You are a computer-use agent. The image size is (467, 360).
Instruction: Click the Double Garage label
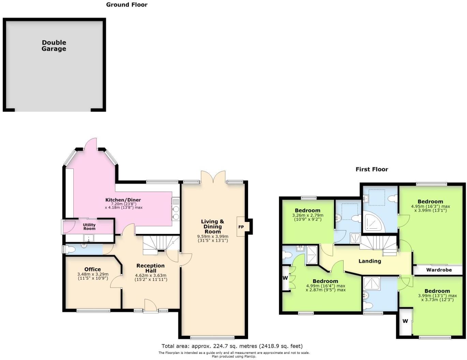point(54,46)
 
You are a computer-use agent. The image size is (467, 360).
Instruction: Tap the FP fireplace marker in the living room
point(241,227)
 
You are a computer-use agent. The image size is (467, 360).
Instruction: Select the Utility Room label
point(89,227)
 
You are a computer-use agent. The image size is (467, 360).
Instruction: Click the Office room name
point(92,269)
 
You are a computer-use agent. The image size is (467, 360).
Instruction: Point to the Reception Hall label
point(150,268)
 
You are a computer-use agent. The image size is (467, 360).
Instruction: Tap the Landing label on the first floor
point(369,261)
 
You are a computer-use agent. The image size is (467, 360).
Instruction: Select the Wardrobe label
point(439,270)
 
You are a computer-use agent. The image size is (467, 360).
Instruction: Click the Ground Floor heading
point(127,5)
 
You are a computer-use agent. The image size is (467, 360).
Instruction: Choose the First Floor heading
point(371,169)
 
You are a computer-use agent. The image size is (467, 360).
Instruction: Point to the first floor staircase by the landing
point(379,245)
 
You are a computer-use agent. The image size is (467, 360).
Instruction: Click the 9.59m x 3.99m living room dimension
point(213,237)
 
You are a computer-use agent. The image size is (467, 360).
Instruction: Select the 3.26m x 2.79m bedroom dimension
point(307,215)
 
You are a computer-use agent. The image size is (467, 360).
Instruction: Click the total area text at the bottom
point(232,346)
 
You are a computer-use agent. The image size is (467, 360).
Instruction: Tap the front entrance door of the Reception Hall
point(150,306)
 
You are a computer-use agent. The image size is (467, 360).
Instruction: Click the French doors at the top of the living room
point(213,177)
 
